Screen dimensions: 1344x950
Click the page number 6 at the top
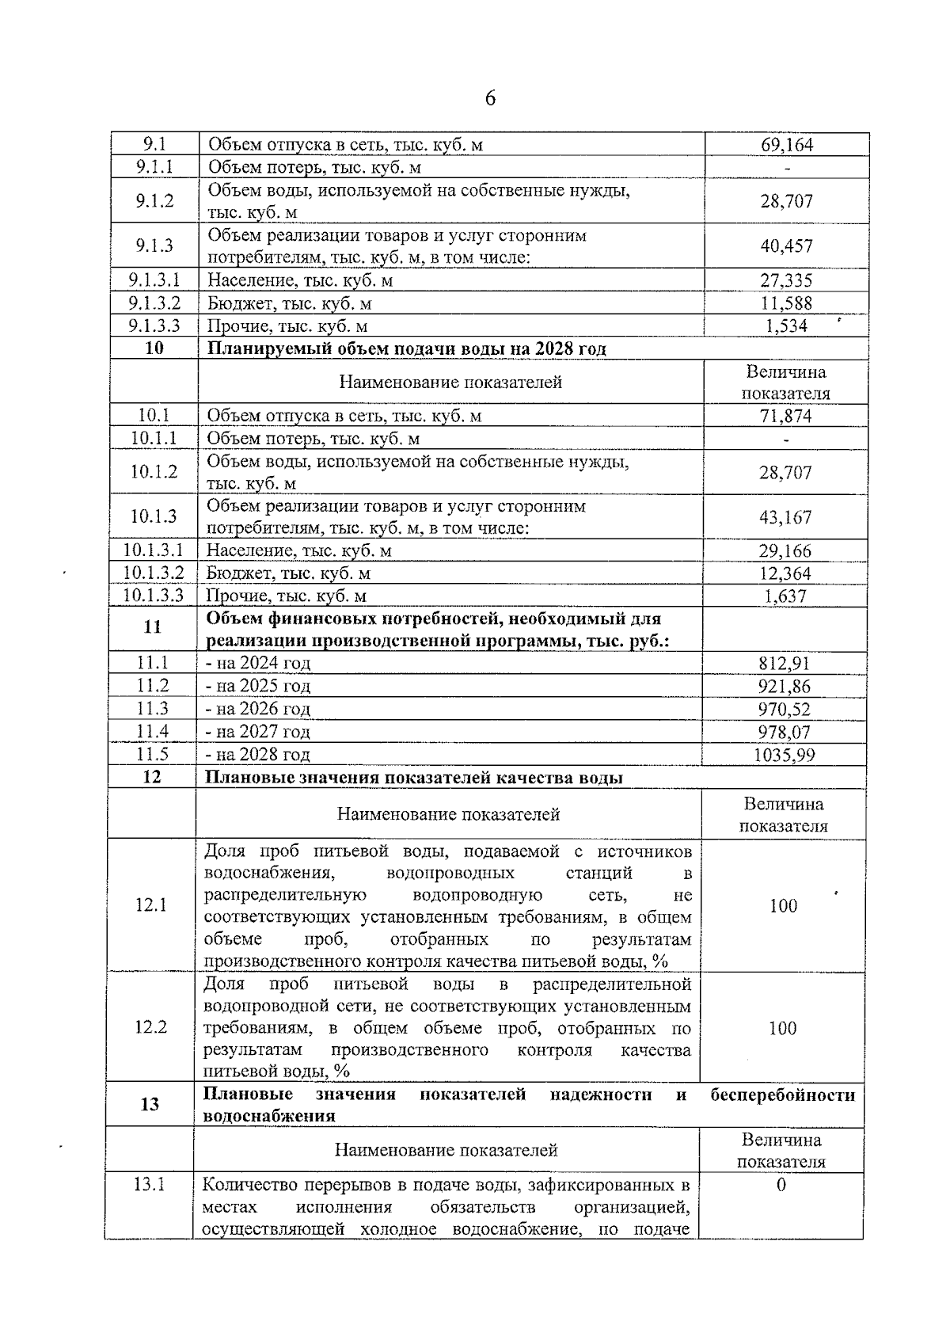tap(490, 98)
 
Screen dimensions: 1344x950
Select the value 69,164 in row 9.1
tap(786, 144)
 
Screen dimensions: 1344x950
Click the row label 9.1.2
tap(154, 201)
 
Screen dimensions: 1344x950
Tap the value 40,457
tap(786, 246)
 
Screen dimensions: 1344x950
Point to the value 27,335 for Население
tap(786, 280)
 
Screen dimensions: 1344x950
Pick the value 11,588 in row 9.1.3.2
tap(786, 303)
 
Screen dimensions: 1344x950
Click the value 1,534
tap(786, 326)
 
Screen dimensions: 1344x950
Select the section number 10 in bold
tap(154, 348)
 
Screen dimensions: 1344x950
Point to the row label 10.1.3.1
tap(154, 550)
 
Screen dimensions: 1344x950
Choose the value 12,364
tap(785, 573)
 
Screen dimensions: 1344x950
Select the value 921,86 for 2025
tap(784, 687)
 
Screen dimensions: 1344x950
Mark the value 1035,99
tap(784, 755)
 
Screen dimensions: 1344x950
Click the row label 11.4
tap(153, 731)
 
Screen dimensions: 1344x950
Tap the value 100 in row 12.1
tap(784, 906)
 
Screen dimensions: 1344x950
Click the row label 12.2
tap(151, 1027)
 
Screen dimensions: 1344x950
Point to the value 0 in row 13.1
tap(781, 1185)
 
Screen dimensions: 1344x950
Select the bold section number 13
tap(150, 1104)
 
